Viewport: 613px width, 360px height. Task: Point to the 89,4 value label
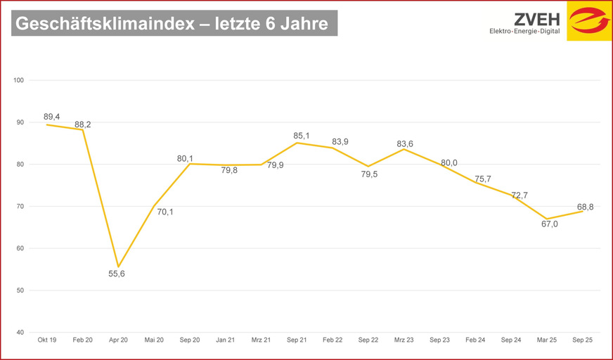click(x=52, y=116)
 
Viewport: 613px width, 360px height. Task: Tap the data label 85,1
click(x=302, y=135)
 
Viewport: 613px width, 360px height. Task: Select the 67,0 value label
click(x=549, y=224)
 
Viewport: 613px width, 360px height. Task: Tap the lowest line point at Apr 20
click(x=118, y=266)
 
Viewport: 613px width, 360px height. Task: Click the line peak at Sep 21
click(x=297, y=143)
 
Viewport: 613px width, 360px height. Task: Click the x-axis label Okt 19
click(x=46, y=340)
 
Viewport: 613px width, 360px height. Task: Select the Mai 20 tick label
click(x=154, y=340)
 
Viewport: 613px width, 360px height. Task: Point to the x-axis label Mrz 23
click(x=404, y=340)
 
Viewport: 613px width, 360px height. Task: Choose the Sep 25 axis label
click(x=583, y=340)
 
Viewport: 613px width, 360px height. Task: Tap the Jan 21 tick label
click(x=225, y=340)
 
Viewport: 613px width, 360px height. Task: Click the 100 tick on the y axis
click(x=18, y=80)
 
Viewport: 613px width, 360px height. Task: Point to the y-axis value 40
click(x=20, y=333)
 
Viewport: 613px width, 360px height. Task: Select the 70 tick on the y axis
click(x=20, y=206)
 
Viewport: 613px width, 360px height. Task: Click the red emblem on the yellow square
click(x=589, y=22)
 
